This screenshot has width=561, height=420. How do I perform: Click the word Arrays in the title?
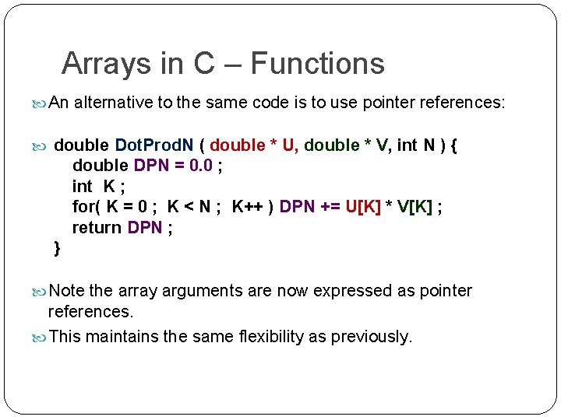point(99,64)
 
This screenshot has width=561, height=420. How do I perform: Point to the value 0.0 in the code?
point(201,166)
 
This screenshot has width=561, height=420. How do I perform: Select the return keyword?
point(97,228)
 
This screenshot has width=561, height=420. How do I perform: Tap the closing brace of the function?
point(57,248)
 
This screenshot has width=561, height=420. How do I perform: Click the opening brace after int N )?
point(454,145)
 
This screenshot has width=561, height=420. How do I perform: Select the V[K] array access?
point(414,207)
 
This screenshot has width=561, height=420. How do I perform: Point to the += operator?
point(329,207)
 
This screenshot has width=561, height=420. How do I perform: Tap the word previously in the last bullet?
point(371,337)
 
